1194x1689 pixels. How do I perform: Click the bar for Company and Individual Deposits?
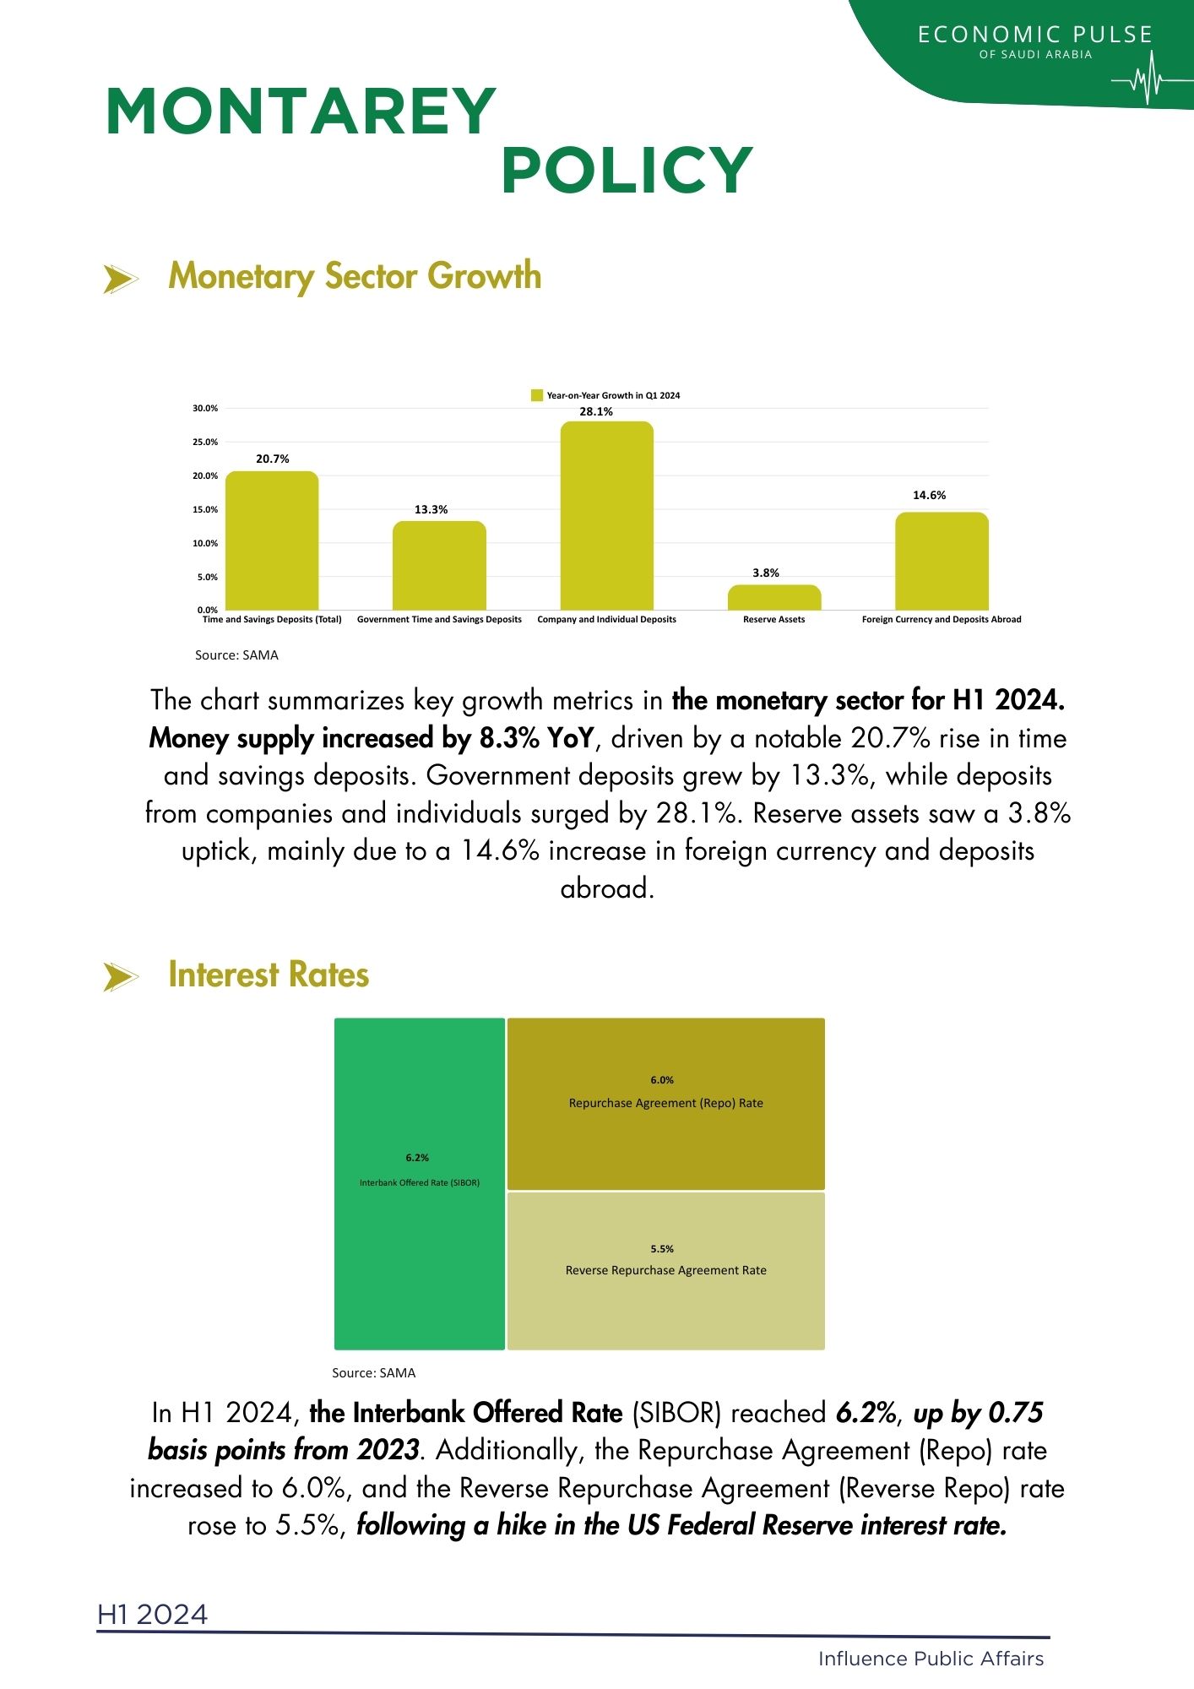tap(606, 515)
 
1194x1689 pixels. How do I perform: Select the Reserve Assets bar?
tap(773, 597)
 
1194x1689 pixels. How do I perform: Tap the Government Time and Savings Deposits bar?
tap(439, 565)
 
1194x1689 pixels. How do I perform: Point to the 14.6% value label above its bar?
tap(929, 496)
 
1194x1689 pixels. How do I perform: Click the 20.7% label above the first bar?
tap(272, 459)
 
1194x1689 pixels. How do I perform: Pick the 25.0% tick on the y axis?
tap(205, 443)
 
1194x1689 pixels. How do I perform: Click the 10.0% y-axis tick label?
tap(205, 544)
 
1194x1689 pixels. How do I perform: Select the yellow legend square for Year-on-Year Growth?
tap(536, 395)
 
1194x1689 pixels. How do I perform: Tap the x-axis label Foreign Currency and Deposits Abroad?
tap(941, 620)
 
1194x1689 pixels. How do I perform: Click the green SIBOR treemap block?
tap(420, 1182)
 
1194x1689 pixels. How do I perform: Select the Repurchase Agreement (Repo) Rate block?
tap(665, 1103)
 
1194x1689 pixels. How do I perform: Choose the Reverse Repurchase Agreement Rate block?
tap(665, 1270)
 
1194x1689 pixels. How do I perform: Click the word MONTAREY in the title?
tap(301, 111)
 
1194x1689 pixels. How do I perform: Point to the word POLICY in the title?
tap(627, 171)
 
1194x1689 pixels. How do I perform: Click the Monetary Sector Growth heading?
tap(355, 276)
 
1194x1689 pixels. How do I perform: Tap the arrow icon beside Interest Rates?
tap(120, 977)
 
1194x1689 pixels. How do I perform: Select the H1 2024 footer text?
tap(152, 1615)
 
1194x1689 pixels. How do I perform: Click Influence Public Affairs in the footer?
tap(931, 1659)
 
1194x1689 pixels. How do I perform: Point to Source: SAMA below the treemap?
tap(373, 1373)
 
